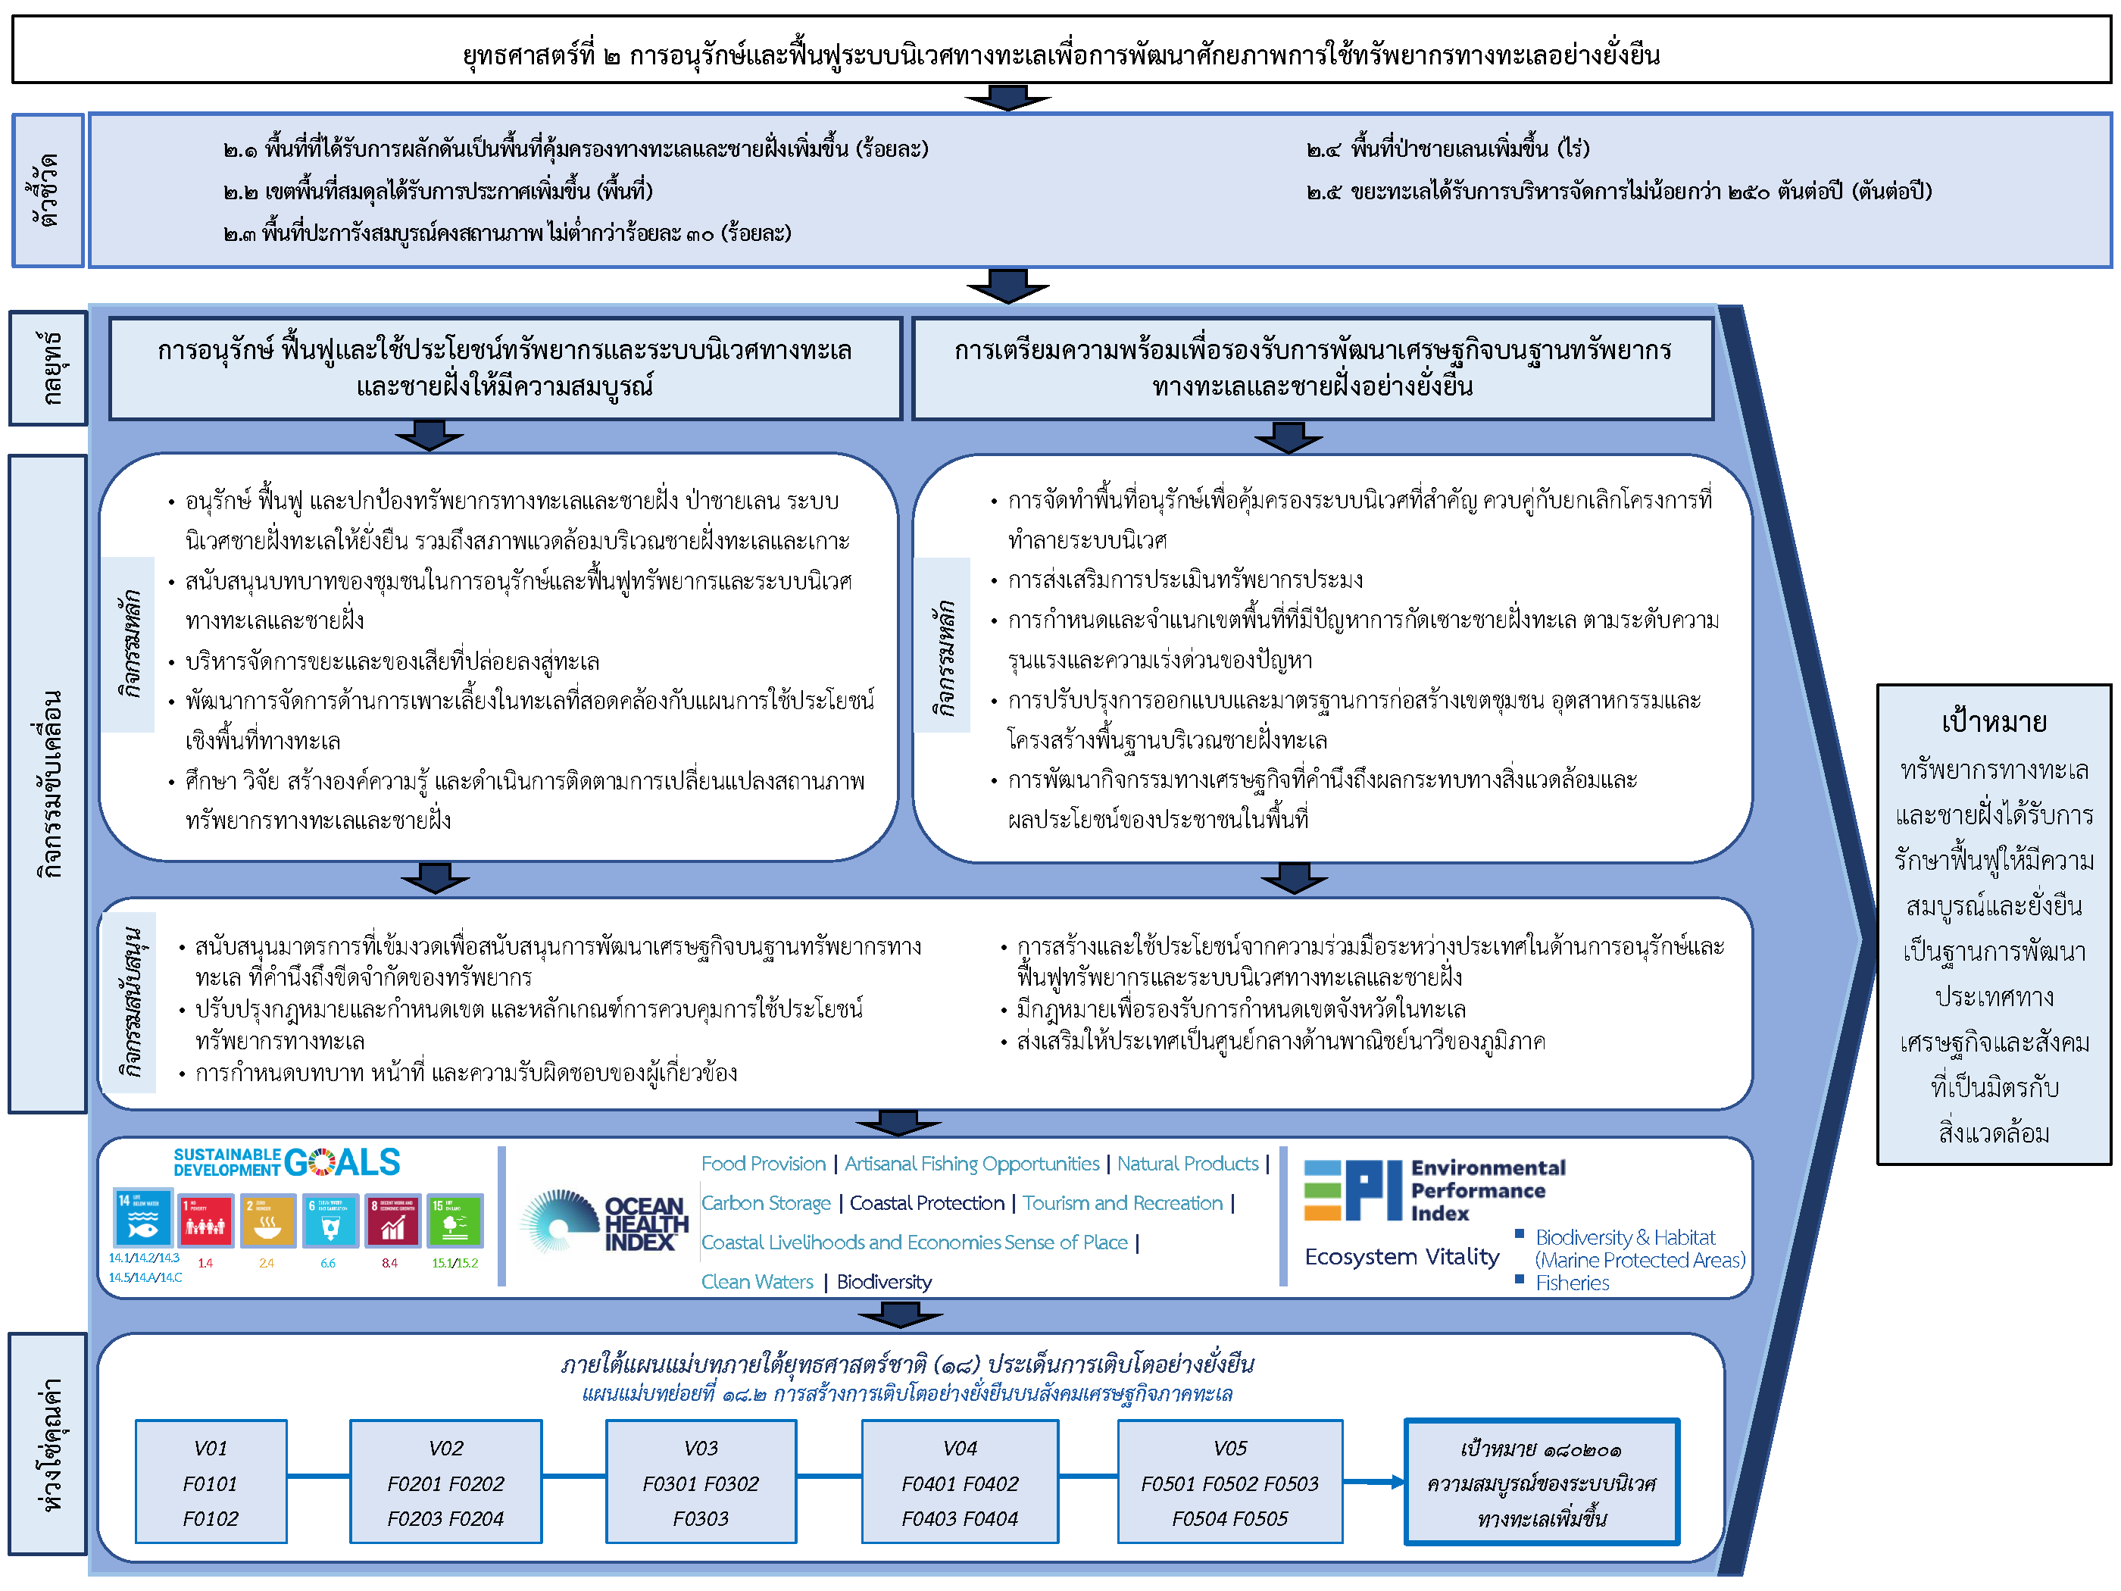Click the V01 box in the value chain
coord(211,1482)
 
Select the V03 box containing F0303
coord(701,1482)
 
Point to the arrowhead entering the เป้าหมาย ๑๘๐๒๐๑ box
coord(1395,1482)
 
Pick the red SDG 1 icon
coord(205,1220)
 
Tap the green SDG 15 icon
coord(454,1220)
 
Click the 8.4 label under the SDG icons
coord(389,1263)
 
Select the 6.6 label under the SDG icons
coord(328,1263)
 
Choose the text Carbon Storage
coord(766,1202)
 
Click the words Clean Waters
coord(757,1281)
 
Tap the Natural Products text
coord(1187,1163)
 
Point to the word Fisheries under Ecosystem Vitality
coord(1572,1282)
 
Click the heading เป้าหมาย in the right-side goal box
coord(1994,721)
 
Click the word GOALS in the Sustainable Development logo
coord(342,1162)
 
